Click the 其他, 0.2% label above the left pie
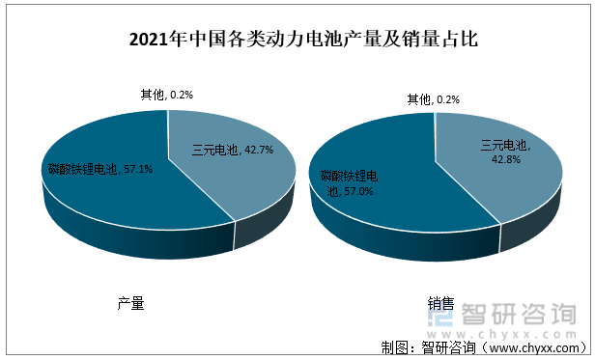pos(166,95)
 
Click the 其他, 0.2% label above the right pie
pos(433,98)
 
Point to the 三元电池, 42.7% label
pos(232,150)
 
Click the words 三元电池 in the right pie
pos(504,145)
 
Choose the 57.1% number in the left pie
pos(135,170)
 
